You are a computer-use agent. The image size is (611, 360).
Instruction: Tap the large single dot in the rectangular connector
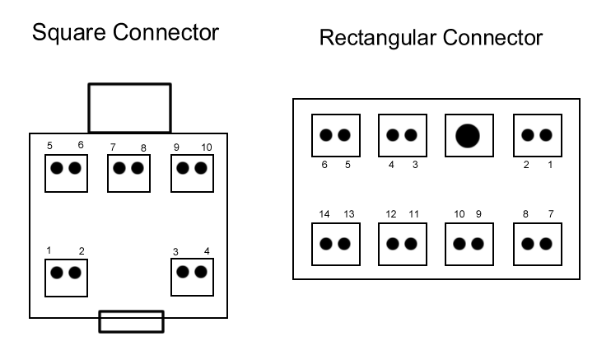(468, 135)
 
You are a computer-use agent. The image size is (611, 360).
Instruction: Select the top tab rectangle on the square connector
(129, 107)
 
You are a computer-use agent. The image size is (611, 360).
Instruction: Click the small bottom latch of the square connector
(131, 321)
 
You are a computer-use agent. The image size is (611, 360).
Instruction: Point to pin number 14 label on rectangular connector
(324, 214)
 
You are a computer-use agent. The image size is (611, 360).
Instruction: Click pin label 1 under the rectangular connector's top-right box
(551, 165)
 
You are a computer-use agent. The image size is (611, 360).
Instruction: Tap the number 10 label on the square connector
(207, 147)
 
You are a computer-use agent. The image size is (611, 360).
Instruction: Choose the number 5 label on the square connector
(50, 146)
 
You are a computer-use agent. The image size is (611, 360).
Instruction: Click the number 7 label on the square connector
(113, 147)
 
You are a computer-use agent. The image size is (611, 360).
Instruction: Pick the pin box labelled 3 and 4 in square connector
(192, 272)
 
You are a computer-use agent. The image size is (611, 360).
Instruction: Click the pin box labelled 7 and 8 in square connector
(128, 169)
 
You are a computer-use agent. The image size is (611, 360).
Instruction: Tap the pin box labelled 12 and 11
(401, 244)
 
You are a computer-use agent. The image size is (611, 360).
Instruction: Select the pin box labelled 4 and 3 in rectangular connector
(401, 135)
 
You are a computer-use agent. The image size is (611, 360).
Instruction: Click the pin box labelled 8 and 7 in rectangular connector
(537, 244)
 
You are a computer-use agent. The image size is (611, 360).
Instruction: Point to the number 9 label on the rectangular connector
(478, 214)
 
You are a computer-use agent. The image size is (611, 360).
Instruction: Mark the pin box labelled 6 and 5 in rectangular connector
(334, 135)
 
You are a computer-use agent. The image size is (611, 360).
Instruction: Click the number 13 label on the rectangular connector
(348, 214)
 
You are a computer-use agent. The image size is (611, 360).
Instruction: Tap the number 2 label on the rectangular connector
(526, 165)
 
